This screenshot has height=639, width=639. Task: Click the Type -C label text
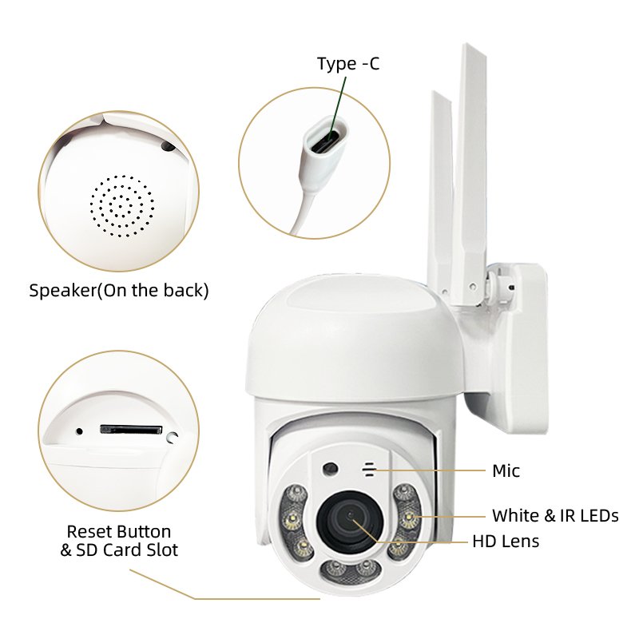(x=348, y=64)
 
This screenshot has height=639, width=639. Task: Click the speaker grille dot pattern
(x=122, y=206)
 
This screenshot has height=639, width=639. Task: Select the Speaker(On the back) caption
(x=119, y=291)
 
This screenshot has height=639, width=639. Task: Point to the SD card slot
(x=131, y=429)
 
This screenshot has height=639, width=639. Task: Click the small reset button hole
(x=79, y=431)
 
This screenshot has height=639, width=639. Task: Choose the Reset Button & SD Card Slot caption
(x=119, y=541)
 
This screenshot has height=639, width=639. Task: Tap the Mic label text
(x=506, y=470)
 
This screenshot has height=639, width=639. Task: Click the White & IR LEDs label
(x=555, y=515)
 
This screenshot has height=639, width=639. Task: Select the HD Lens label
(x=506, y=542)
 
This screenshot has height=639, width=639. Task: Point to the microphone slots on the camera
(x=369, y=470)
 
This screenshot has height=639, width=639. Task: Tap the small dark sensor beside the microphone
(x=330, y=468)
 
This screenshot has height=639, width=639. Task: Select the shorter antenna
(x=442, y=192)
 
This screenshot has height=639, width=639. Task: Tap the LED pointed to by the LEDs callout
(x=408, y=518)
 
